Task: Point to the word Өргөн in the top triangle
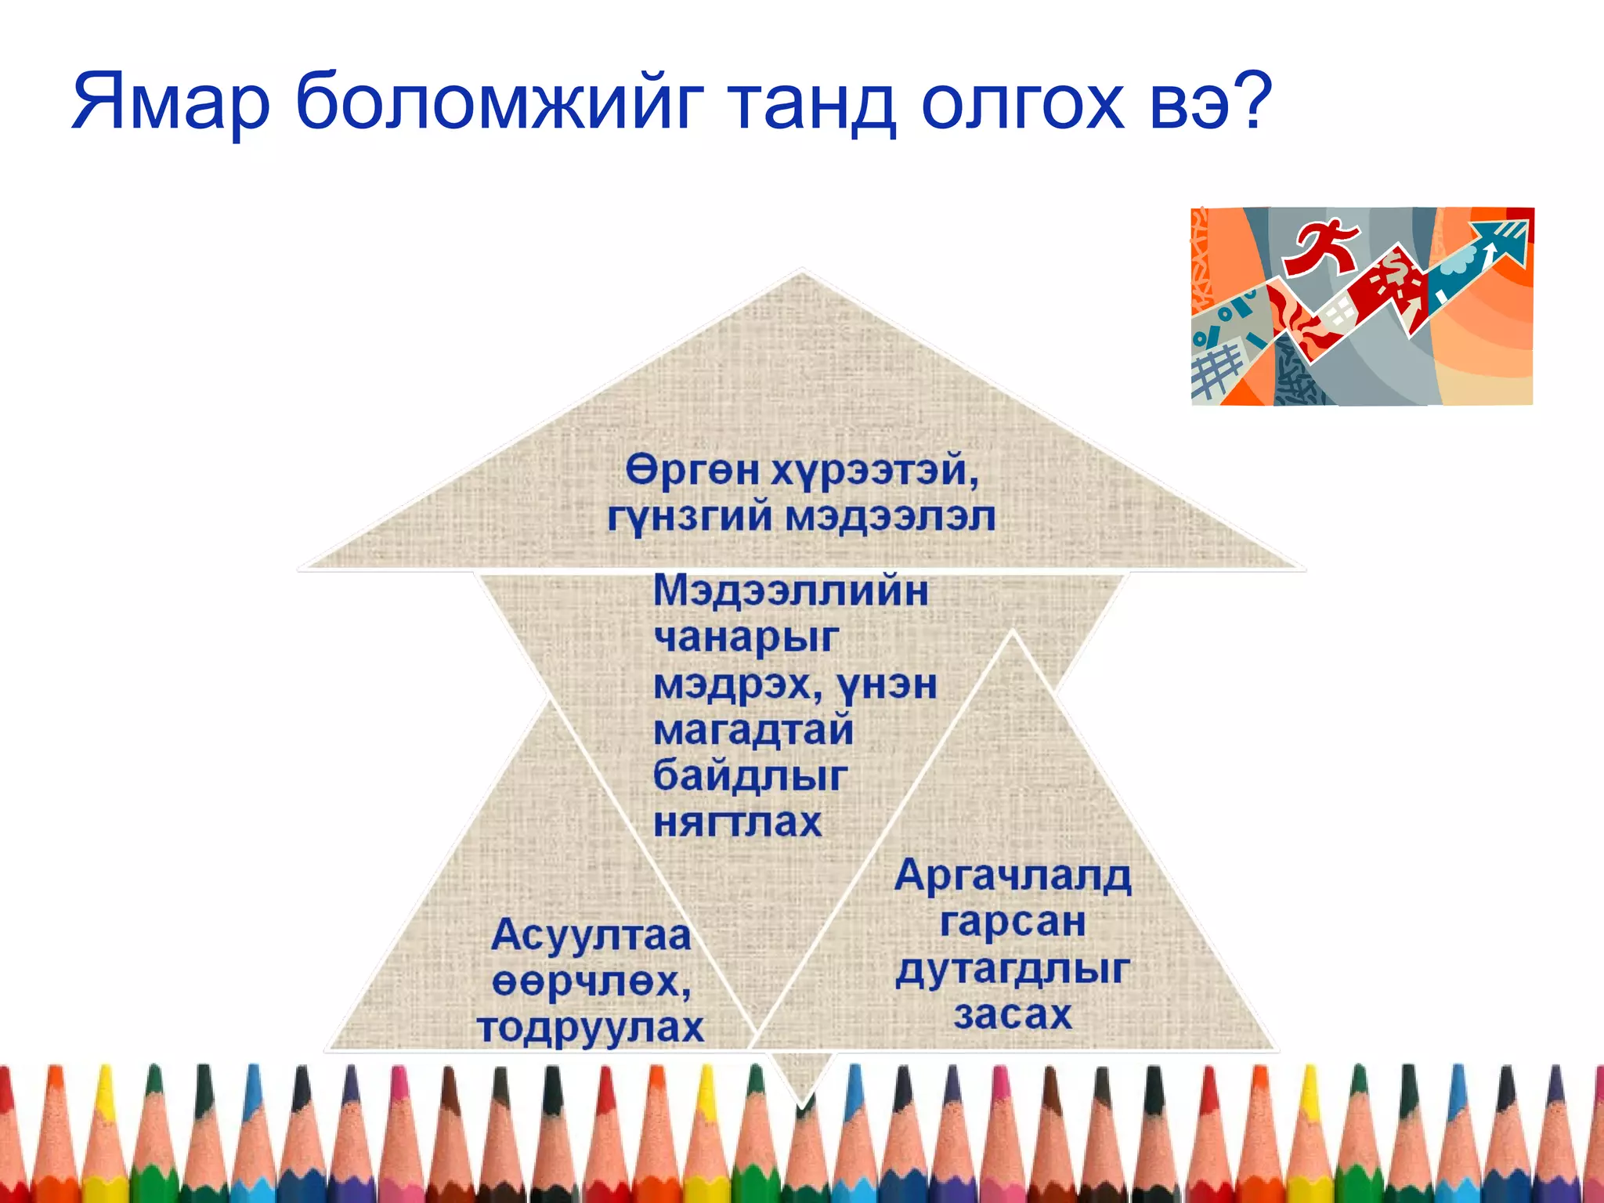[692, 471]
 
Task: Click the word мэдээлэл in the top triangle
[890, 517]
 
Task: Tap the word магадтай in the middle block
[753, 730]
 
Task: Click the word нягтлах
[738, 822]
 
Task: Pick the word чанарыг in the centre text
[746, 638]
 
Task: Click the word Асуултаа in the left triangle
[591, 935]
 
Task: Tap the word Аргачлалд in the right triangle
[1013, 876]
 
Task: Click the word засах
[1013, 1015]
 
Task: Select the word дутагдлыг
[1013, 970]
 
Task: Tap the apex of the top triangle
[802, 272]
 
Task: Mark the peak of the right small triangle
[1013, 631]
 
